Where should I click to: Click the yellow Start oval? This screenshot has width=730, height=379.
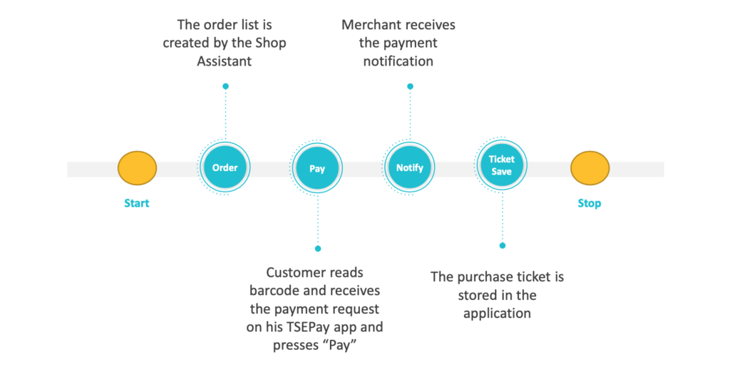137,168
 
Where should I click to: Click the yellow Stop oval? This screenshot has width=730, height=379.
590,168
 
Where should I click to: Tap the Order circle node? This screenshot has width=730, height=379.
225,167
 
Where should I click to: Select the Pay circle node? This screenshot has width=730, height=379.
317,169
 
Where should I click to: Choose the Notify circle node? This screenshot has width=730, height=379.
409,167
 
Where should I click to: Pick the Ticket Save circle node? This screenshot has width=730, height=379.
501,165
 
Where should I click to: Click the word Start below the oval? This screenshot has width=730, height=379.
137,203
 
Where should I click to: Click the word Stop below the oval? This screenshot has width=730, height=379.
590,203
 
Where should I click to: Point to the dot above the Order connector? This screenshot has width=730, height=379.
225,86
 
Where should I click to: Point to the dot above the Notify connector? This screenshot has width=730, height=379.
410,86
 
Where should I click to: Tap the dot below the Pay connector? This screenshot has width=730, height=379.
318,249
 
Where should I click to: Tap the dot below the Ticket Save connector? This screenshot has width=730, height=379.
502,245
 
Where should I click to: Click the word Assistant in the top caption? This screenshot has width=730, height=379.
224,61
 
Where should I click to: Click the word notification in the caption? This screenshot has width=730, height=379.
398,61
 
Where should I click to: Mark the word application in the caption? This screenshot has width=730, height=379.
497,313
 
